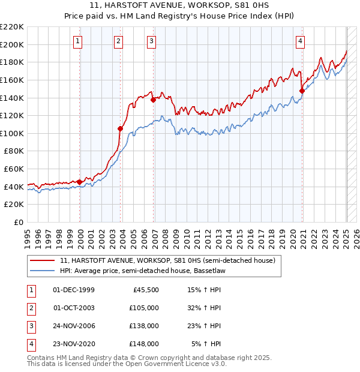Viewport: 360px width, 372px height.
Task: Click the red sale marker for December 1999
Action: pyautogui.click(x=79, y=182)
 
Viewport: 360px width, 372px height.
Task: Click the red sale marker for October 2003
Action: pyautogui.click(x=120, y=128)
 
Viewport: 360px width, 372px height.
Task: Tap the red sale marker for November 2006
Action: pyautogui.click(x=153, y=100)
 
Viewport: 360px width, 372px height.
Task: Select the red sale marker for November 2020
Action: pyautogui.click(x=302, y=91)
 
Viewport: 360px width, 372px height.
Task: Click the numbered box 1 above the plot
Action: pyautogui.click(x=79, y=41)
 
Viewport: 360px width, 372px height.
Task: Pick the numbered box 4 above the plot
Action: pyautogui.click(x=300, y=41)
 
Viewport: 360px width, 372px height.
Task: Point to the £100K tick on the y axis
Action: pyautogui.click(x=13, y=133)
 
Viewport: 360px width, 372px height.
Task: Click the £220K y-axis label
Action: pyautogui.click(x=13, y=27)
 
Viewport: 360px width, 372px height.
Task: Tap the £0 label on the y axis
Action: pyautogui.click(x=19, y=222)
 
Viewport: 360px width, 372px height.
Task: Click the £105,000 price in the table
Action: pyautogui.click(x=144, y=308)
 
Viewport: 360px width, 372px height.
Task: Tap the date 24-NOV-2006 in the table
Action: pyautogui.click(x=74, y=326)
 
